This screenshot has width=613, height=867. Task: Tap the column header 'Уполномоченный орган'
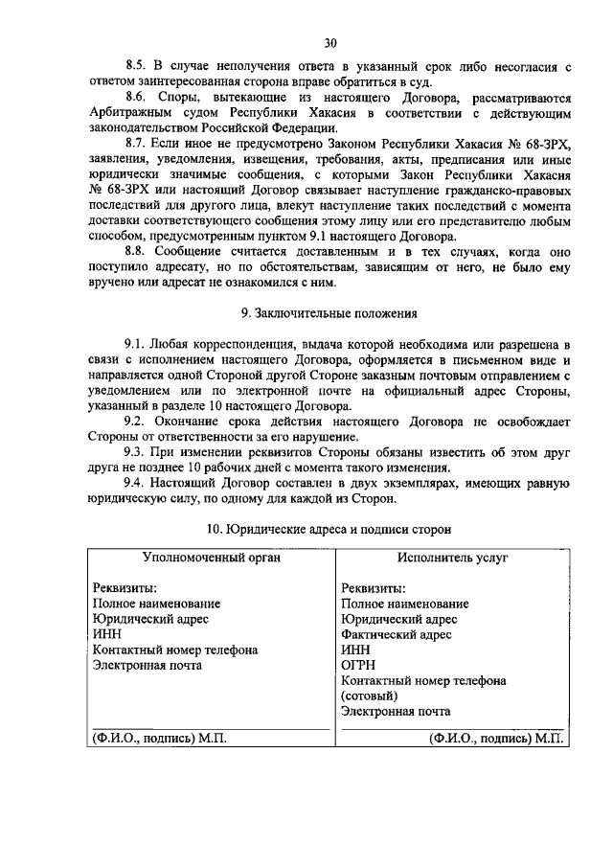click(211, 557)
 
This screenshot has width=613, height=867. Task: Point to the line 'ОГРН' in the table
click(358, 665)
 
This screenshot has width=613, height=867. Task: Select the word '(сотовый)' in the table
click(369, 696)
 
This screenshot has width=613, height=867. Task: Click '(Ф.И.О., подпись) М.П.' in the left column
click(159, 739)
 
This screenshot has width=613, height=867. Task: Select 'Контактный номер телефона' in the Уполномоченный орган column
click(174, 650)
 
